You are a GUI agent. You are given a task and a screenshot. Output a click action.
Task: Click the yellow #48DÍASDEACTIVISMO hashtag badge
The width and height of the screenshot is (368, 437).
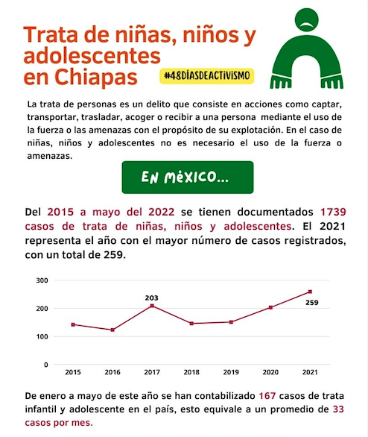[206, 76]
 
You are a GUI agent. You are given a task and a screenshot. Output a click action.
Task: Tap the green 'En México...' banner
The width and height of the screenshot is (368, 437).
[188, 177]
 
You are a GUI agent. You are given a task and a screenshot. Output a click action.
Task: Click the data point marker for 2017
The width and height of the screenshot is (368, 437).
[152, 306]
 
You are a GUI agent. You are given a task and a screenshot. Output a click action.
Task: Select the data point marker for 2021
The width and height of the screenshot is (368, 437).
[310, 292]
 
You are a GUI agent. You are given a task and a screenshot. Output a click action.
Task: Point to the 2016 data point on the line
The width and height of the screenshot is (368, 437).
[112, 330]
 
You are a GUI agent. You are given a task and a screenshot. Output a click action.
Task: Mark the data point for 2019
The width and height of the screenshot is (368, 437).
[231, 322]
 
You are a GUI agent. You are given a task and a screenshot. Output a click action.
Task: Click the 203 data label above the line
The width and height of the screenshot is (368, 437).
[151, 298]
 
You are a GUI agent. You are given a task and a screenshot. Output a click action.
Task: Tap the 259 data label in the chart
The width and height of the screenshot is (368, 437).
[312, 302]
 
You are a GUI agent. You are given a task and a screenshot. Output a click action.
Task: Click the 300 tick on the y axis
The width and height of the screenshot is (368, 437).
[42, 280]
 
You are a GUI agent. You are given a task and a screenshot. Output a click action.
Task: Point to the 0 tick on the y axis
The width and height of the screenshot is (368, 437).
[46, 365]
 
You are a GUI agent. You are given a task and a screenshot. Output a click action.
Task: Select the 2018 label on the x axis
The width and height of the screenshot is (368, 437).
[191, 372]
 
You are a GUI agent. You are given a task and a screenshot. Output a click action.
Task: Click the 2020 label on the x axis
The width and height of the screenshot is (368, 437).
[270, 372]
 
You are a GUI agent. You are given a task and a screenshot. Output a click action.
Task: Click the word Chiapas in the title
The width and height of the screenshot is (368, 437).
[96, 77]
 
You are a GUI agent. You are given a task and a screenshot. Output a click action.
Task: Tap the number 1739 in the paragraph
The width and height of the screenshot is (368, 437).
[333, 212]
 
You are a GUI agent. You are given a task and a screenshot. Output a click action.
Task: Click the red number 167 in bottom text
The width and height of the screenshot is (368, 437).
[267, 396]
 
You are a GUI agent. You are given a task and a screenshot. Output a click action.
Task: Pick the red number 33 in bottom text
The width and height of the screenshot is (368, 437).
[338, 409]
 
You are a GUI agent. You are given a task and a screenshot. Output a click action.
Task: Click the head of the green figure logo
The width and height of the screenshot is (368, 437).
[306, 20]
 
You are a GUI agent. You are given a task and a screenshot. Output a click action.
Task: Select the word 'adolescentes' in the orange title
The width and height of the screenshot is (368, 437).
[92, 56]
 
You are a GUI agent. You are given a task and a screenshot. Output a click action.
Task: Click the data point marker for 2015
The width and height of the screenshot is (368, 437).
[73, 324]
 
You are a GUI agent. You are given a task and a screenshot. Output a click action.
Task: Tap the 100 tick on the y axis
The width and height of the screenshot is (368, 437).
[42, 336]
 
